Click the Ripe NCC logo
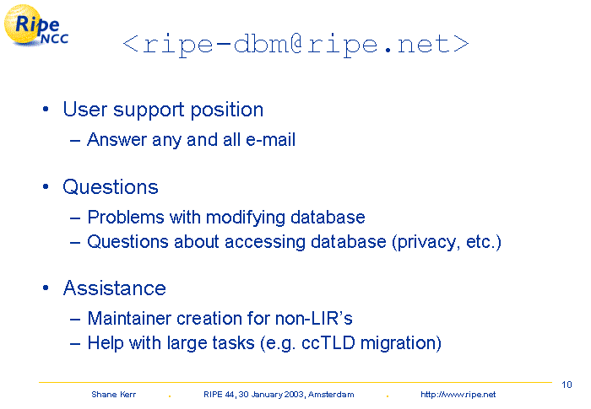coord(35,25)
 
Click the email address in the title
coord(295,46)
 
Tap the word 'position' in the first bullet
coord(226,110)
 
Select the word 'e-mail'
coord(270,140)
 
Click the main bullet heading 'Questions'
coord(111,187)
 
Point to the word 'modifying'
coord(245,218)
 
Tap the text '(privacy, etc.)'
coord(447,242)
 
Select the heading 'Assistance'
coord(115,288)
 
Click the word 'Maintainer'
coord(129,318)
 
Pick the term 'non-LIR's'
coord(313,318)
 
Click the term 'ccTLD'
coord(328,343)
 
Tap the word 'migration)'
coord(401,344)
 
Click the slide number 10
coord(567,385)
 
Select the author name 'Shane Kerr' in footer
coord(113,395)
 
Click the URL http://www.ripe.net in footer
coord(458,395)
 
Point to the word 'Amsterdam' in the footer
coord(331,395)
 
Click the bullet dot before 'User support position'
coord(46,110)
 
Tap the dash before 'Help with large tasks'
coord(75,344)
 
